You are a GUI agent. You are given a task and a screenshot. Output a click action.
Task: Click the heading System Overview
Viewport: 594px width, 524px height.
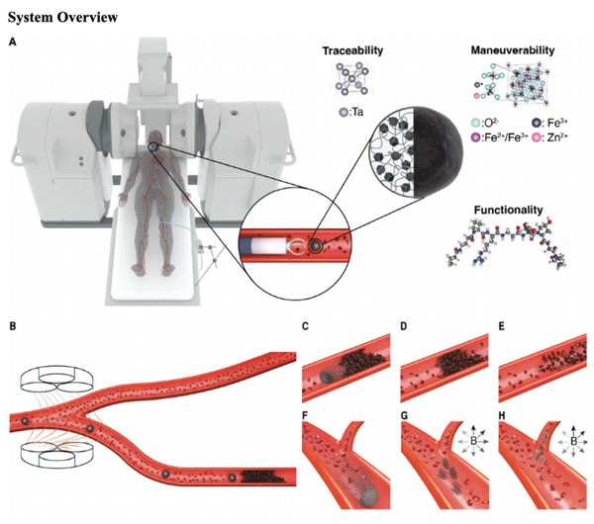point(63,17)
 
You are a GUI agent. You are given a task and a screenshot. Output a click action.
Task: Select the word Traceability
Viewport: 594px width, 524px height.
point(352,50)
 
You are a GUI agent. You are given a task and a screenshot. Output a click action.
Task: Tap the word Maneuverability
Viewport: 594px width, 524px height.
point(513,50)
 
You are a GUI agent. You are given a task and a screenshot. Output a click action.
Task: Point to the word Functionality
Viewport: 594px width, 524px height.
point(509,210)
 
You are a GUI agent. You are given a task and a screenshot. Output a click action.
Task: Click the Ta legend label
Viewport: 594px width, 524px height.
point(351,112)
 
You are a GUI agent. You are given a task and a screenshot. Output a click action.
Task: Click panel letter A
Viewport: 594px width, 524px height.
point(13,43)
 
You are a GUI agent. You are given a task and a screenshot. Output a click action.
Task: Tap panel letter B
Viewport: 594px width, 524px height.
point(13,325)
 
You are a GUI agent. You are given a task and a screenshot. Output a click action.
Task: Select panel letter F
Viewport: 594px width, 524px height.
point(305,416)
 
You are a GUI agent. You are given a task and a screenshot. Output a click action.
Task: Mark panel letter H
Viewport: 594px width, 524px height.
point(502,416)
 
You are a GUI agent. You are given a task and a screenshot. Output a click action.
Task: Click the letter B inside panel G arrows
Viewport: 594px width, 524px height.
point(473,441)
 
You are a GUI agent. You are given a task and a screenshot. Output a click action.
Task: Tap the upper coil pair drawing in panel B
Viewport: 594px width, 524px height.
point(56,379)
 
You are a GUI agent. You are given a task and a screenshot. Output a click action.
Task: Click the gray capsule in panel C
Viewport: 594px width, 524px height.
point(327,376)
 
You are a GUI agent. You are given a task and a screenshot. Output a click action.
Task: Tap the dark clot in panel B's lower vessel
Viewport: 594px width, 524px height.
point(262,478)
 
